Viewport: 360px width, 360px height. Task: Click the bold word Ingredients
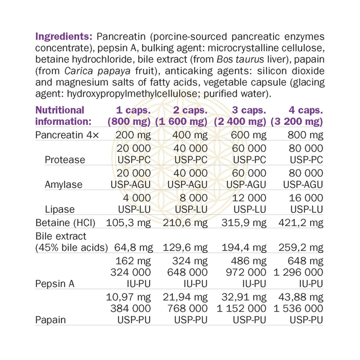tap(62, 36)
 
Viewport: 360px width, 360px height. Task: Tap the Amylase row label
tap(61, 184)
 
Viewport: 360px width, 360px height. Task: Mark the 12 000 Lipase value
tap(249, 197)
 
